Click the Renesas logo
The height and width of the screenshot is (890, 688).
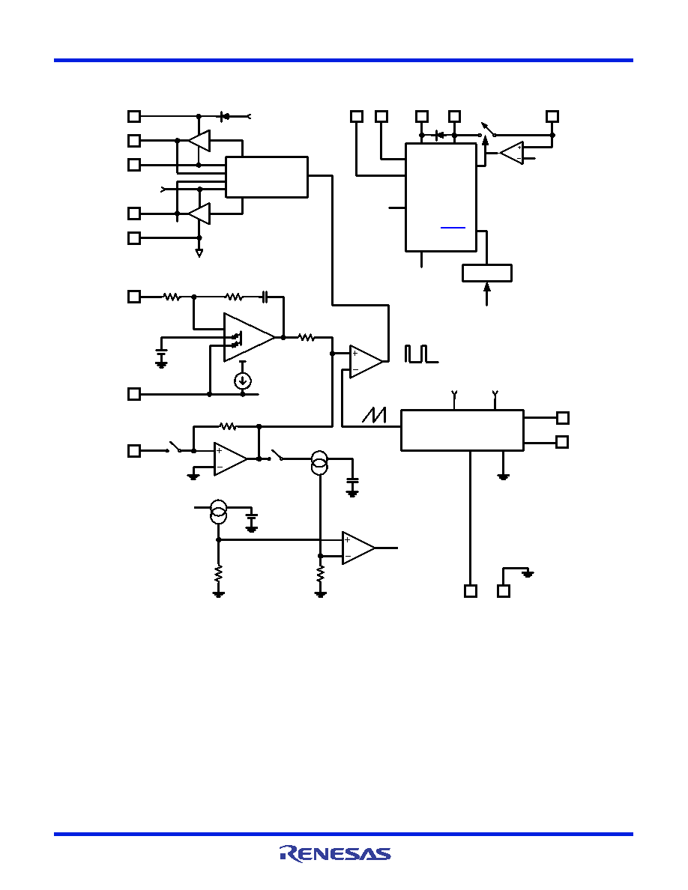pos(335,854)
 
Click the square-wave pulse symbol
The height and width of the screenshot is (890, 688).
pos(421,354)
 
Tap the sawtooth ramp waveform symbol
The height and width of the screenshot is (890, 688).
pos(374,416)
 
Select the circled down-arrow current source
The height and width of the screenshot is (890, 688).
pos(243,381)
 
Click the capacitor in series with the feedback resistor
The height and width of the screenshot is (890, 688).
pos(265,297)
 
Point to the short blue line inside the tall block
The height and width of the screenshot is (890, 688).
pos(453,228)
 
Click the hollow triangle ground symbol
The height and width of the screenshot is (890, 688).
pos(199,253)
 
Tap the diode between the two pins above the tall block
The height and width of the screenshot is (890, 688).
pos(438,135)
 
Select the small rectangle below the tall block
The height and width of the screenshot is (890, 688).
pos(487,273)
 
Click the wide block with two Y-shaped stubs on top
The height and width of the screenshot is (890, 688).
pos(462,430)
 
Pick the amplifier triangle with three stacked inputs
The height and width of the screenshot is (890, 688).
pos(250,337)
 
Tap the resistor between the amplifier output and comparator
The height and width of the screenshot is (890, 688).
pos(307,338)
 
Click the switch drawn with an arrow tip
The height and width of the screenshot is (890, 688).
pos(488,130)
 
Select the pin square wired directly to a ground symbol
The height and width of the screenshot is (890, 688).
pos(504,591)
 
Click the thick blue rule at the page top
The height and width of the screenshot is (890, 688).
pos(343,60)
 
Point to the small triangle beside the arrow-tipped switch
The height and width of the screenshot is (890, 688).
pos(512,154)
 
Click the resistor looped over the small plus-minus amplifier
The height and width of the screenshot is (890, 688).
pos(228,426)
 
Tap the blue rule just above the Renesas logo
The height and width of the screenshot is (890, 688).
pos(343,834)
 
